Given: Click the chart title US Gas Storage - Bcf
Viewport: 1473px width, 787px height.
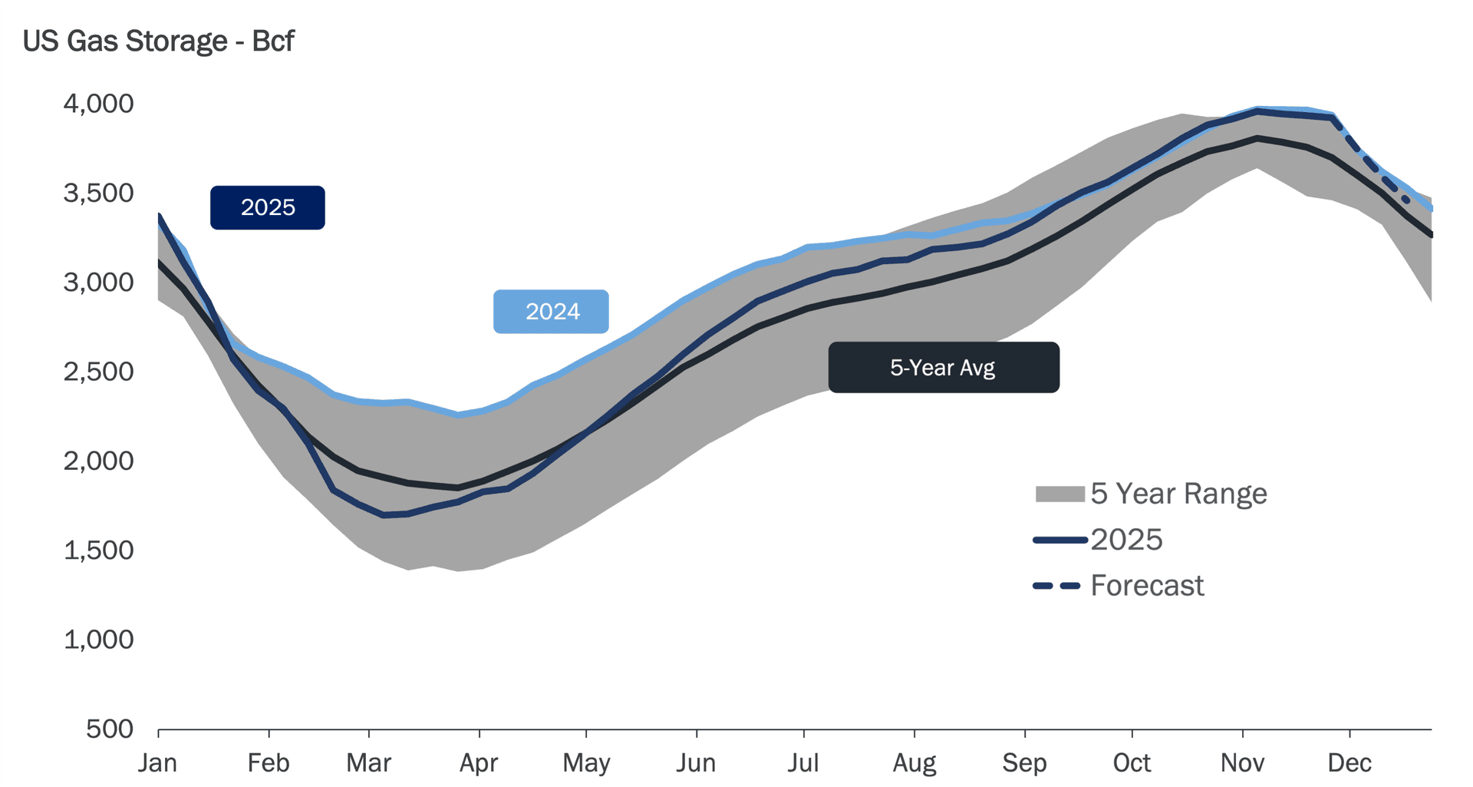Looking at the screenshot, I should [x=158, y=41].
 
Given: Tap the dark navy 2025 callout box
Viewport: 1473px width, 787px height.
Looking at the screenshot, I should [x=268, y=207].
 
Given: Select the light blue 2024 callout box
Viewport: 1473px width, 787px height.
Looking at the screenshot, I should [x=551, y=312].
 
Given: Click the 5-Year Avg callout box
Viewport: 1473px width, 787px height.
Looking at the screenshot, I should [x=943, y=368].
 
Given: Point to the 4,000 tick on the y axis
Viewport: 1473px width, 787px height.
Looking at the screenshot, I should [x=98, y=104].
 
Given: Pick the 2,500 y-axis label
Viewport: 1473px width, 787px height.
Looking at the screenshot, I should [x=98, y=372].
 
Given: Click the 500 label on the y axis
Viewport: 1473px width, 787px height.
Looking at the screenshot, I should [x=109, y=729].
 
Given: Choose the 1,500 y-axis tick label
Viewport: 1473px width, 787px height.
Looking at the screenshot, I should [x=98, y=551].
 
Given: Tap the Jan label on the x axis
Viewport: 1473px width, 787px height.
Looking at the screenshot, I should [x=158, y=763].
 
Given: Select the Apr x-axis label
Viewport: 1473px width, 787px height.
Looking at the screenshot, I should [x=479, y=763].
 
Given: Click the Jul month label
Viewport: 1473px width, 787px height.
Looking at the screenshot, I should [x=803, y=763].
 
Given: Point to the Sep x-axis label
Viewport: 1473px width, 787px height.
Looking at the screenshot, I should [x=1024, y=763].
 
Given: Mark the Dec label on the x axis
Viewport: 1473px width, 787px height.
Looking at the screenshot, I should [x=1349, y=763].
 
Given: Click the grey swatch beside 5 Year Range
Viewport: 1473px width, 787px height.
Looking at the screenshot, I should [x=1059, y=494].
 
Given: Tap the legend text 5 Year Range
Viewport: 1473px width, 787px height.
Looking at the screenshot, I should [x=1178, y=494].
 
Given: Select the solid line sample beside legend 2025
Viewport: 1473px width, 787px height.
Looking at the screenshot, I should [x=1059, y=541].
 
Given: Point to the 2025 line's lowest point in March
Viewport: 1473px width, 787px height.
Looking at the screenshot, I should [x=384, y=515].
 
